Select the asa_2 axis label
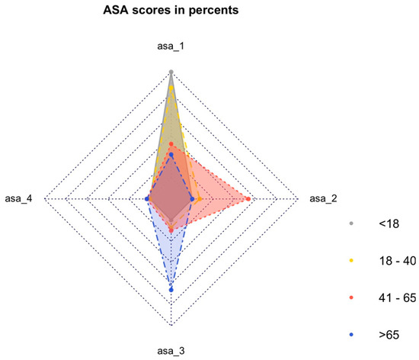(322, 199)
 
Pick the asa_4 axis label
(20, 199)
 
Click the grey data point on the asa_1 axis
(171, 72)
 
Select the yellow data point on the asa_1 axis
(171, 88)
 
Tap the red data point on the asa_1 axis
(171, 144)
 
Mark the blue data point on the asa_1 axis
(171, 155)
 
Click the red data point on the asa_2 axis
(249, 199)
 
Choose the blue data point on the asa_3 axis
(171, 289)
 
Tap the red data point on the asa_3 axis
(171, 230)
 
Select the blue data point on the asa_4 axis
(147, 199)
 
